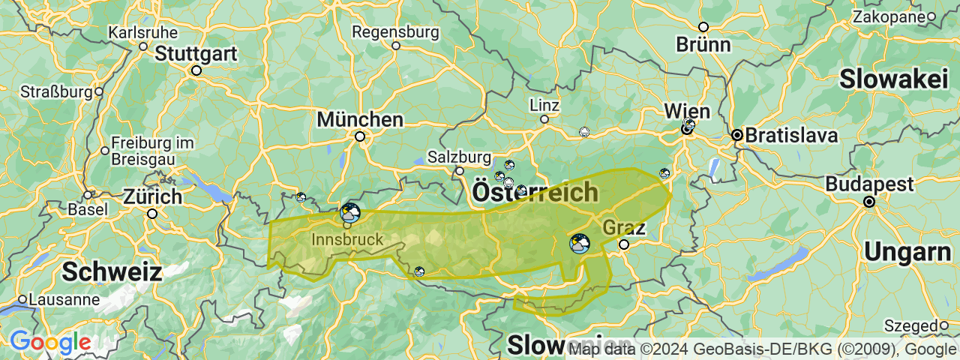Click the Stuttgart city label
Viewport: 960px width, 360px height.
pyautogui.click(x=196, y=54)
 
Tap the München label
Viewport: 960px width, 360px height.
pyautogui.click(x=360, y=119)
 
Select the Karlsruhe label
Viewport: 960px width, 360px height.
pyautogui.click(x=143, y=33)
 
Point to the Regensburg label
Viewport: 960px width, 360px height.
pyautogui.click(x=395, y=32)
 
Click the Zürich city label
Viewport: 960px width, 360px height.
pyautogui.click(x=152, y=197)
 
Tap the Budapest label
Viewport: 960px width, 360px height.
pyautogui.click(x=870, y=184)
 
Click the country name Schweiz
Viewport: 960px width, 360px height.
pyautogui.click(x=112, y=271)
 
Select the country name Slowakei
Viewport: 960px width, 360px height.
pyautogui.click(x=894, y=79)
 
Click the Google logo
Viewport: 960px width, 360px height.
pyautogui.click(x=50, y=343)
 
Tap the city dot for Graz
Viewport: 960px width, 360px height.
pyautogui.click(x=624, y=244)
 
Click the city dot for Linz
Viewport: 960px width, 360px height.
pyautogui.click(x=544, y=118)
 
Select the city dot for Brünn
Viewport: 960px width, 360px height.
pyautogui.click(x=703, y=27)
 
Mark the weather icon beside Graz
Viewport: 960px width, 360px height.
pyautogui.click(x=579, y=244)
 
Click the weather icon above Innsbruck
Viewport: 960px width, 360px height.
pyautogui.click(x=349, y=212)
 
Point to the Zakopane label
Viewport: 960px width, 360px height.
pyautogui.click(x=888, y=16)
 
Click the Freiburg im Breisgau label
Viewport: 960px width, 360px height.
pyautogui.click(x=152, y=151)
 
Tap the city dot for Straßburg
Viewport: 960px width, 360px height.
pyautogui.click(x=98, y=92)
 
